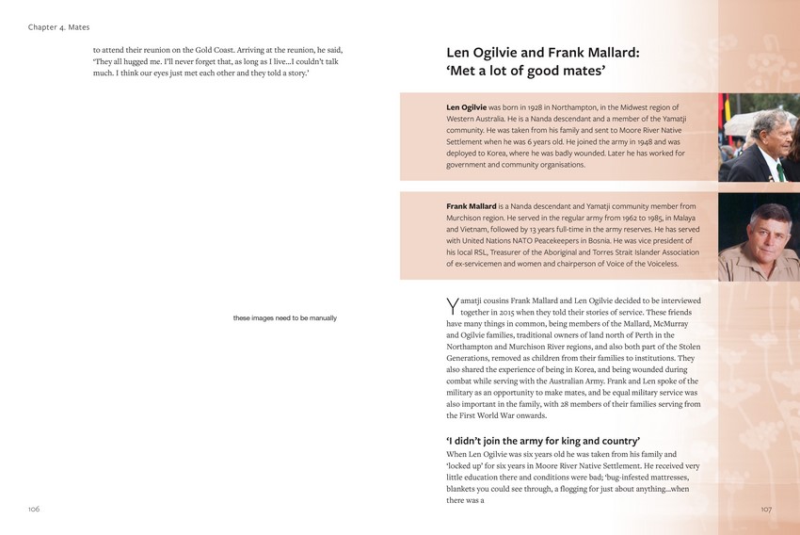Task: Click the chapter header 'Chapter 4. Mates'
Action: [x=58, y=27]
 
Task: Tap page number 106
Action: [x=34, y=509]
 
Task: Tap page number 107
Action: [x=765, y=509]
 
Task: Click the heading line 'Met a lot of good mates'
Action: [x=525, y=71]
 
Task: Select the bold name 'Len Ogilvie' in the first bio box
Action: [x=466, y=108]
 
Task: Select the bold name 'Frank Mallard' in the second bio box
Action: [x=471, y=205]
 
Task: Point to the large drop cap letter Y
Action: [x=452, y=305]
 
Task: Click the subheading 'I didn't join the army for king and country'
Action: [x=543, y=441]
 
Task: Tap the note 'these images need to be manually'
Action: [x=284, y=317]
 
